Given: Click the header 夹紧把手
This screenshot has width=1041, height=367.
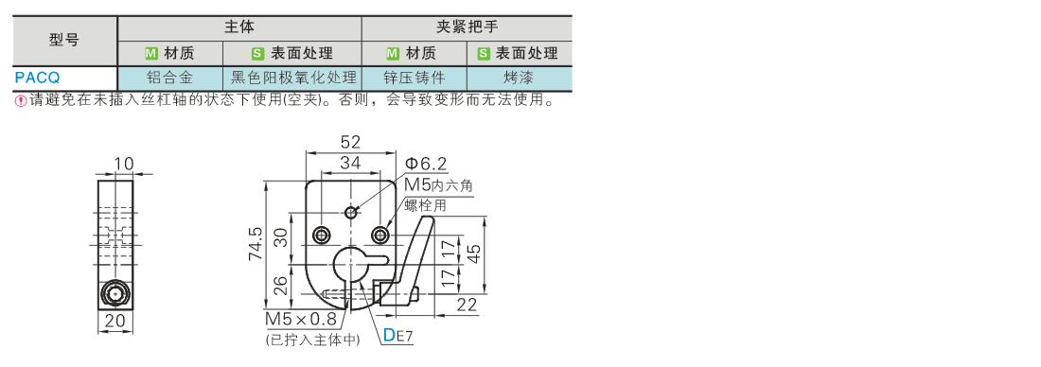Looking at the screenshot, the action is click(467, 27).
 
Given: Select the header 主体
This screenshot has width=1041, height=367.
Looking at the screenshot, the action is click(239, 27).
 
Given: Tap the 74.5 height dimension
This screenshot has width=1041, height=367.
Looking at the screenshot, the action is click(256, 245).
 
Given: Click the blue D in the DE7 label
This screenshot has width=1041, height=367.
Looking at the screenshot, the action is click(389, 335).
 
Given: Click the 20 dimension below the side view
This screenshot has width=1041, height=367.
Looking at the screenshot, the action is click(115, 322).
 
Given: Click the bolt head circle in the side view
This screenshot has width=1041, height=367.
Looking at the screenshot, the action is click(115, 294).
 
